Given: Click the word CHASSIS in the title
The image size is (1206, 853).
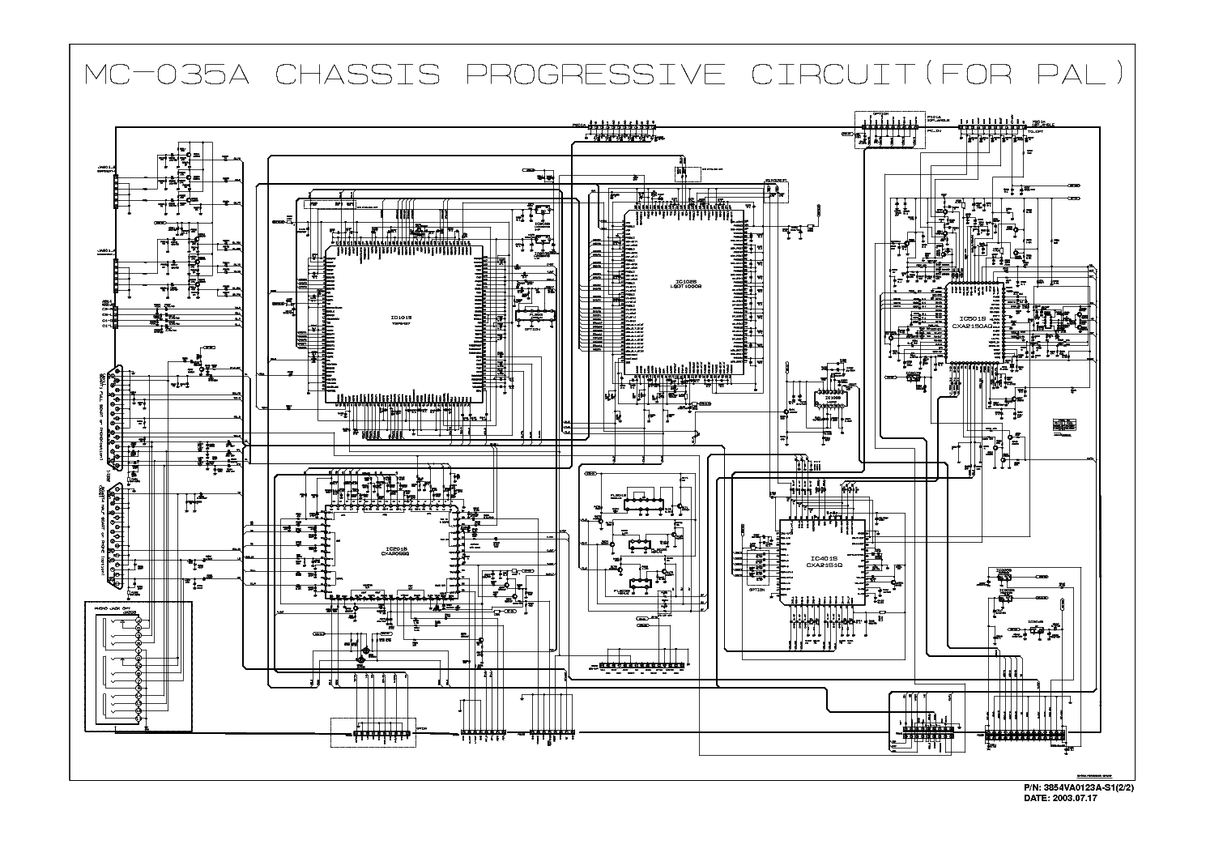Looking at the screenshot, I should tap(357, 75).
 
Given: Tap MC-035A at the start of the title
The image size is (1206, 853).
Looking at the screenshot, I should tap(166, 75).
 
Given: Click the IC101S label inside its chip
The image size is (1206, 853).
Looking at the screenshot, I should tap(400, 318).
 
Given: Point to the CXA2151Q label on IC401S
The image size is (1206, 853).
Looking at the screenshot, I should tap(822, 565).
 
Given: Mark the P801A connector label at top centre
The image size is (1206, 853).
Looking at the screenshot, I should tap(578, 124).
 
